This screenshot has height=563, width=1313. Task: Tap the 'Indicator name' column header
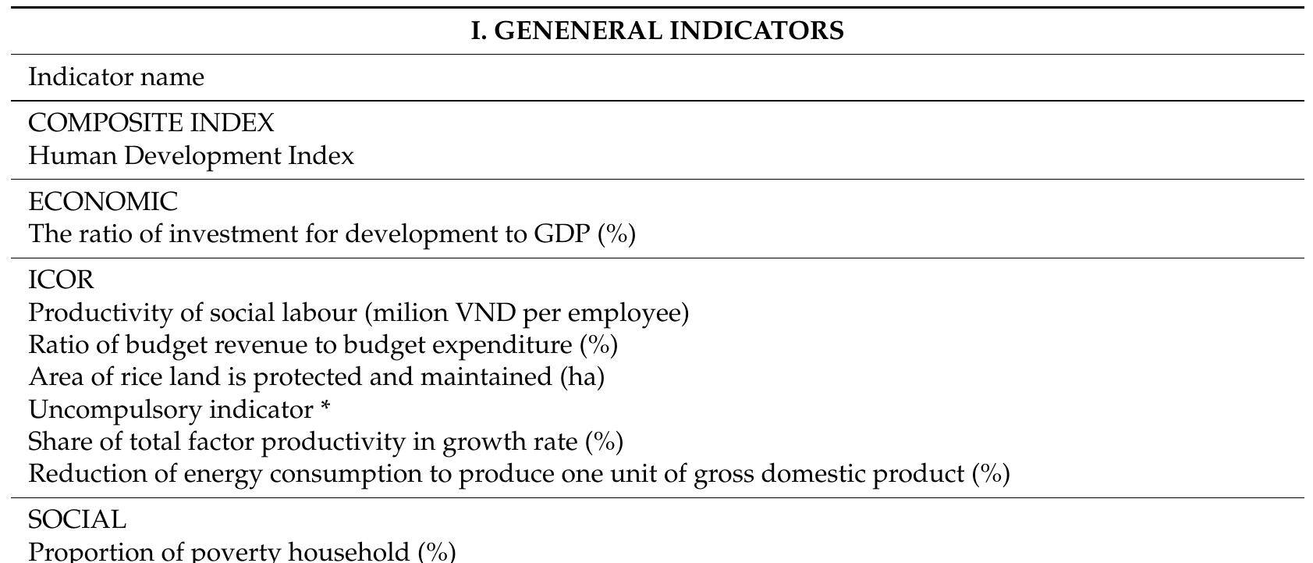pos(116,77)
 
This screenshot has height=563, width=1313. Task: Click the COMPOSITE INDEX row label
pos(151,123)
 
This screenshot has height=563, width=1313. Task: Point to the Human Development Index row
pos(191,156)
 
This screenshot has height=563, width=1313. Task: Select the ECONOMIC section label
pos(103,202)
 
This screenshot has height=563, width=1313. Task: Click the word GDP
pos(562,234)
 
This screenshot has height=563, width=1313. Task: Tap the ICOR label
pos(61,280)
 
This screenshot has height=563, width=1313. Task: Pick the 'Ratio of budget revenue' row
pos(323,345)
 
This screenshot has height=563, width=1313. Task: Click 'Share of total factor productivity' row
pos(325,442)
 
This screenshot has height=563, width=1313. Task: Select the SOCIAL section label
pos(77,520)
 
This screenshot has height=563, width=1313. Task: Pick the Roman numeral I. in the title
pos(478,31)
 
